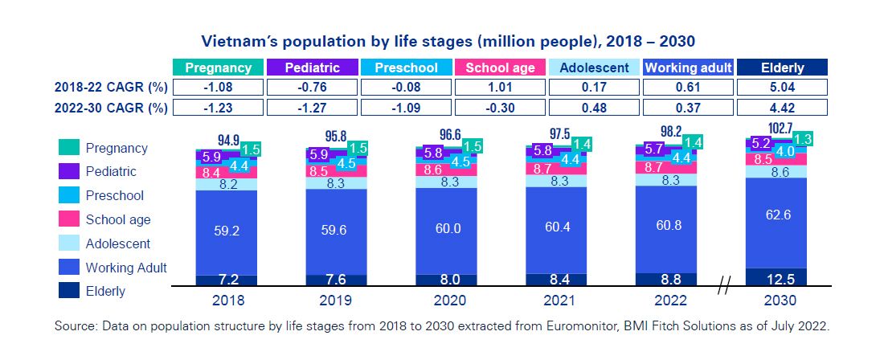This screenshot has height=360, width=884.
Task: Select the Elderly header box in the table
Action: (x=782, y=67)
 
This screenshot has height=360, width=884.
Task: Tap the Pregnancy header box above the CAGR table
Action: (x=218, y=67)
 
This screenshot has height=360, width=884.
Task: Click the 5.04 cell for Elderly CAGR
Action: (x=782, y=88)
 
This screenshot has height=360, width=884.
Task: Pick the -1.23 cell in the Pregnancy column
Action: (x=218, y=108)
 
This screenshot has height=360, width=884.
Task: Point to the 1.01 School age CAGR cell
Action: (x=500, y=88)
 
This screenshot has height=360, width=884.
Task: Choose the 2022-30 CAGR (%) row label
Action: (x=111, y=108)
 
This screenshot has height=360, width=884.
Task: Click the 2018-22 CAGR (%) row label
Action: (x=111, y=88)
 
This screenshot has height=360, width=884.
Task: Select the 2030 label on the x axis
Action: (x=776, y=301)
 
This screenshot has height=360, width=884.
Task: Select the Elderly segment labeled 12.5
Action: (x=776, y=277)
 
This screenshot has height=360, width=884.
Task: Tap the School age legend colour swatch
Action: (x=68, y=219)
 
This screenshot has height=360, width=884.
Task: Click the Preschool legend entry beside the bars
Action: (x=115, y=195)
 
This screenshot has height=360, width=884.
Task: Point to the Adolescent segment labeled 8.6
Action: (x=776, y=172)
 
